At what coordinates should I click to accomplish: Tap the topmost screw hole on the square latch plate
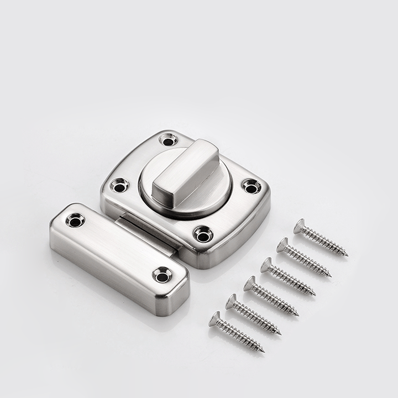click(x=168, y=139)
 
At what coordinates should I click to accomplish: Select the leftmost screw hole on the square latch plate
click(x=119, y=185)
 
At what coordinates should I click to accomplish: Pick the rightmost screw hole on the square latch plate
click(x=251, y=186)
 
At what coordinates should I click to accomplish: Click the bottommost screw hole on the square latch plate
click(x=203, y=234)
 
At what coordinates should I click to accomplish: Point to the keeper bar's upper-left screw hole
click(x=75, y=221)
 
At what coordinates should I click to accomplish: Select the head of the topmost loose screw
click(x=299, y=226)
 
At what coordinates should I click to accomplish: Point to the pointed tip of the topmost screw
click(x=347, y=255)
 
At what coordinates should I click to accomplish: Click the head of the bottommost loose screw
click(x=214, y=319)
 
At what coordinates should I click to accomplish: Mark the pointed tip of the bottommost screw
click(x=264, y=352)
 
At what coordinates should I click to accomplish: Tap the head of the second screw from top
click(x=283, y=245)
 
